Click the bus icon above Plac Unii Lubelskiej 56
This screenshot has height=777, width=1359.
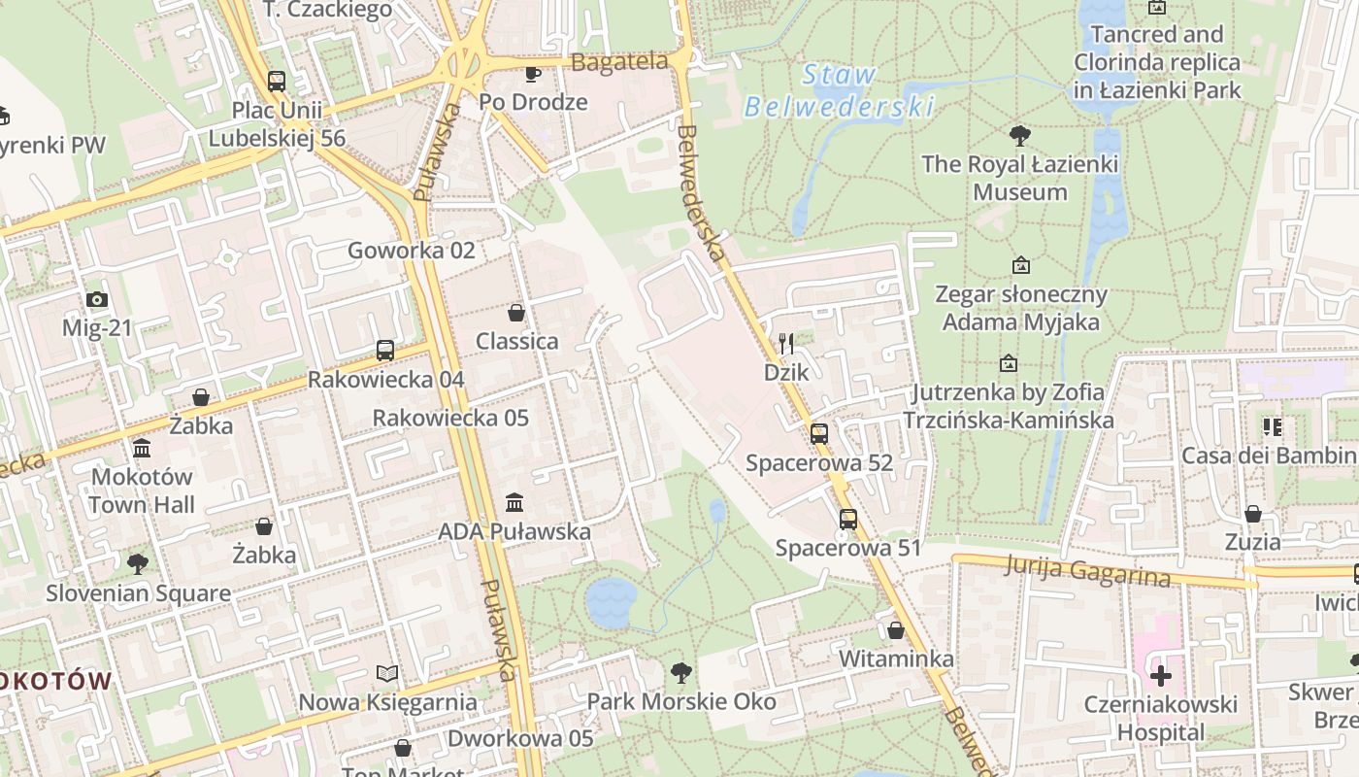click(x=277, y=82)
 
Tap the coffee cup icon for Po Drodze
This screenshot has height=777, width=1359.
click(x=532, y=74)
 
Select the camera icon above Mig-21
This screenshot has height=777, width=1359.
click(x=96, y=300)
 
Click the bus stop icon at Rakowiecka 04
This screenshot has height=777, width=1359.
click(x=385, y=351)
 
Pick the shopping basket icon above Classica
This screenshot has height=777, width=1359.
click(x=516, y=313)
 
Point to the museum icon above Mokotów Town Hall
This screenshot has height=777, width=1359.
click(x=142, y=449)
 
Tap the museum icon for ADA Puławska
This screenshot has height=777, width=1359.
click(x=514, y=503)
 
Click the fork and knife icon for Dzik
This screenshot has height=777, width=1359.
click(x=786, y=343)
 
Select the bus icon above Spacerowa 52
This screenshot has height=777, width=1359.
click(x=819, y=434)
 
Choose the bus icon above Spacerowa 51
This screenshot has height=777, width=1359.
click(x=848, y=520)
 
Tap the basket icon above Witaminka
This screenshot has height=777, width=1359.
click(x=896, y=630)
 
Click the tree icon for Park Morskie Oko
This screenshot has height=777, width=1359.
click(x=681, y=672)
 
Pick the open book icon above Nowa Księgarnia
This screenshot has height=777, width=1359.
click(x=387, y=673)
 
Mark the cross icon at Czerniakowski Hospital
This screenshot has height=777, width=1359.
click(x=1160, y=676)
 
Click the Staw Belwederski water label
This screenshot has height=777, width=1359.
click(x=839, y=90)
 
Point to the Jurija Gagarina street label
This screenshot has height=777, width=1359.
click(x=1088, y=570)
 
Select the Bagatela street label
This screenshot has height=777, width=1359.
click(x=620, y=62)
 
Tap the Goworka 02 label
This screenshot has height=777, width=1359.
click(x=412, y=251)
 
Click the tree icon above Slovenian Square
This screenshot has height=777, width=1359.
click(x=138, y=564)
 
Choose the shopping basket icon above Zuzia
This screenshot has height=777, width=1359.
click(x=1253, y=514)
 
